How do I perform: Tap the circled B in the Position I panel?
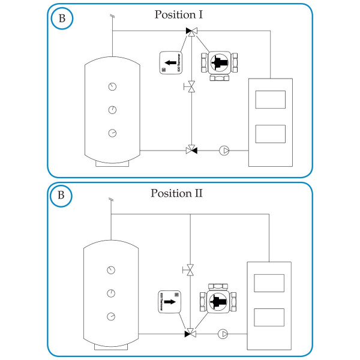pyautogui.click(x=61, y=18)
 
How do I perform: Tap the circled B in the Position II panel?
pyautogui.click(x=61, y=196)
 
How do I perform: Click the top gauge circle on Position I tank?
pyautogui.click(x=113, y=86)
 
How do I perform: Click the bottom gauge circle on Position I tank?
pyautogui.click(x=113, y=133)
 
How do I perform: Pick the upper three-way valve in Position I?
pyautogui.click(x=191, y=31)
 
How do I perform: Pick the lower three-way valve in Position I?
pyautogui.click(x=191, y=150)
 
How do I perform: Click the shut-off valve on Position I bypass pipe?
pyautogui.click(x=191, y=88)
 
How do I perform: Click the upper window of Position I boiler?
pyautogui.click(x=270, y=99)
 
